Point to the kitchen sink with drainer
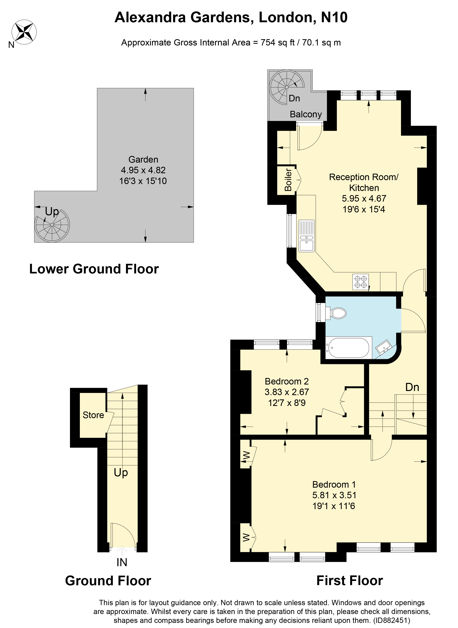click(x=306, y=236)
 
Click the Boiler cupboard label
click(x=288, y=180)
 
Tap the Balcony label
click(x=306, y=114)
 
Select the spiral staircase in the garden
click(x=52, y=225)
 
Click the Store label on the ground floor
click(x=93, y=415)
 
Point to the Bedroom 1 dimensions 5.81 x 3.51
click(x=334, y=495)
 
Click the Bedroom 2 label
click(x=287, y=381)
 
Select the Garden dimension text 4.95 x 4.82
click(x=143, y=170)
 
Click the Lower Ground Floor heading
click(x=94, y=269)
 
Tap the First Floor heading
click(x=349, y=581)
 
